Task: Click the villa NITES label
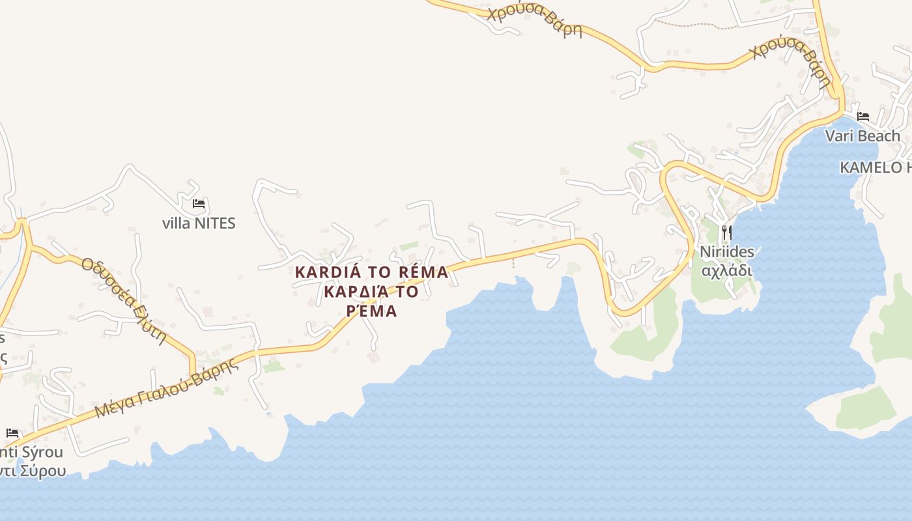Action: tap(199, 223)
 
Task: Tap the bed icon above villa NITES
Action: tap(199, 204)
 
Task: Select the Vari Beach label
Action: tap(862, 136)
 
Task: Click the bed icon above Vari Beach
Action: tap(863, 117)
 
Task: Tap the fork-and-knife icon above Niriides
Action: tap(726, 232)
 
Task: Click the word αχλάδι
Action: tap(726, 270)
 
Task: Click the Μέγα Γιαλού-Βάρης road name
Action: tap(167, 388)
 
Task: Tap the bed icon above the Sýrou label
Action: tap(12, 433)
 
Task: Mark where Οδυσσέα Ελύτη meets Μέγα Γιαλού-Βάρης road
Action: tap(193, 375)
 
